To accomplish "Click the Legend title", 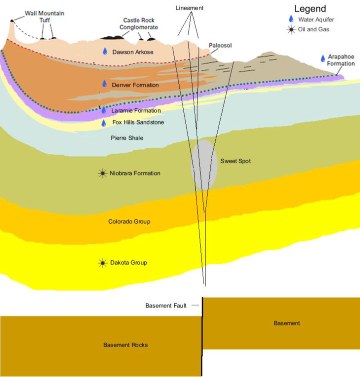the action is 310,9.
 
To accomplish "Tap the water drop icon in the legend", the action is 291,19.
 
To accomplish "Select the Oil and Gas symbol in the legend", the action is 291,29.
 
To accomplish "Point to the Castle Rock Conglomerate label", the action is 139,24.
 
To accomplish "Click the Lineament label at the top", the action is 189,8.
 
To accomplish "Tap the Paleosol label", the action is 220,45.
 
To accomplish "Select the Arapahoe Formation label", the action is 341,60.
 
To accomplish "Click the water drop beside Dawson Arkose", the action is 105,51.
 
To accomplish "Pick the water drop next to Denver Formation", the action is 105,84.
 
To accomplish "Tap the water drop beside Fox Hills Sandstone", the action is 104,123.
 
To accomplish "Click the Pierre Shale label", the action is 127,138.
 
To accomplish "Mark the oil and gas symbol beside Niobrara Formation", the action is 102,173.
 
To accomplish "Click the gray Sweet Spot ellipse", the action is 204,165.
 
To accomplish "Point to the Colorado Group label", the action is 129,222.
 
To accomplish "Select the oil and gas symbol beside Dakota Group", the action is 102,263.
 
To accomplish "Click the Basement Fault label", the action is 166,306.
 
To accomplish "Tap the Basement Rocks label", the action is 125,345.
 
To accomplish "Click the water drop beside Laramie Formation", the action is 104,110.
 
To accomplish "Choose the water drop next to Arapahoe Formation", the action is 323,59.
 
